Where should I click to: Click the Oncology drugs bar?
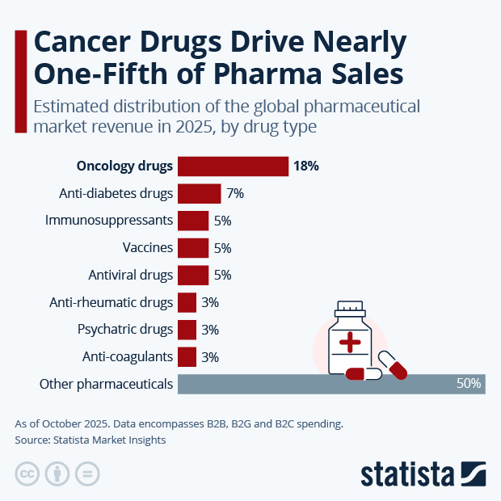(233, 166)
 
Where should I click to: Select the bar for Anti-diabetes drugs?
(199, 194)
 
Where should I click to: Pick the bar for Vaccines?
(193, 248)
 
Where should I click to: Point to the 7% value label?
(235, 194)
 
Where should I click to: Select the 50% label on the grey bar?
(469, 384)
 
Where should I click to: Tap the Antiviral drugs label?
(131, 275)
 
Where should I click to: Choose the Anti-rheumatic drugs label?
(112, 302)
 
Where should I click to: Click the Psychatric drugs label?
(125, 330)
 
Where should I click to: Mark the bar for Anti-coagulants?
(187, 356)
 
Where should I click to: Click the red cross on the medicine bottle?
(350, 343)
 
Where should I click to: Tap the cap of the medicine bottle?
(350, 309)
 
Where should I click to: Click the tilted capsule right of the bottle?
(393, 364)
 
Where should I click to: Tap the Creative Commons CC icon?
(27, 474)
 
